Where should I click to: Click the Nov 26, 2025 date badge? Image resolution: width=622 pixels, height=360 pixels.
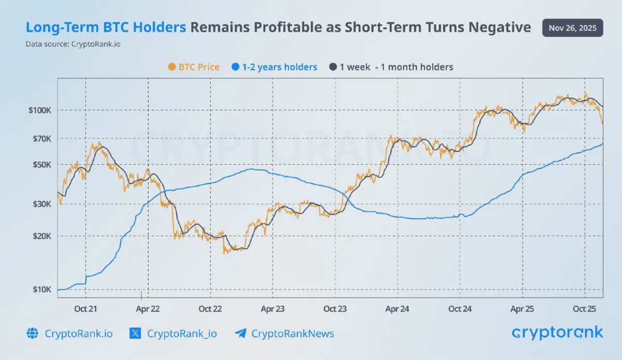point(572,27)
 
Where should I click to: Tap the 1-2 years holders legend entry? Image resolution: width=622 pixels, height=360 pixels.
point(275,67)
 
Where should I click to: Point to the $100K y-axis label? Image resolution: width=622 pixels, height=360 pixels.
point(39,110)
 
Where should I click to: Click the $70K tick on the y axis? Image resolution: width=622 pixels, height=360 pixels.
point(40,139)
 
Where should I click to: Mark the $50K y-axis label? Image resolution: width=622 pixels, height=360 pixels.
point(40,165)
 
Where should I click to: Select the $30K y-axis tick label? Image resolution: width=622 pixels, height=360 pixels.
point(40,204)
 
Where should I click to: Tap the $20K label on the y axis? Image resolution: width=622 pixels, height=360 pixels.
point(40,236)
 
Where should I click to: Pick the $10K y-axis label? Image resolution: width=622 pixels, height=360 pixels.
point(40,290)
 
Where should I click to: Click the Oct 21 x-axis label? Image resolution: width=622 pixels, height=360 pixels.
point(86,309)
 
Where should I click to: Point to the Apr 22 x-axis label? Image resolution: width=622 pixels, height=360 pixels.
point(148,309)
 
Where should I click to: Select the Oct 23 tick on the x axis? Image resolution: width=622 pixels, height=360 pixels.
point(335,309)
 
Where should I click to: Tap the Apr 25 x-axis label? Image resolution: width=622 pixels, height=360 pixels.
point(522,309)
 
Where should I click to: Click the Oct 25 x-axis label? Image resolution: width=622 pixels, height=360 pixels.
point(585,309)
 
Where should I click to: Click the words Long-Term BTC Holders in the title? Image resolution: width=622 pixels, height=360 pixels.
point(106,27)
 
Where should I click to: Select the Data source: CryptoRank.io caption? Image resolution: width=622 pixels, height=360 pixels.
point(73,44)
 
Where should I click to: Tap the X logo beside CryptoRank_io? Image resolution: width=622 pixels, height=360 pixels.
point(135,333)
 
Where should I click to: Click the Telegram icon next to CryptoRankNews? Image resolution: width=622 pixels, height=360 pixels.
point(240,333)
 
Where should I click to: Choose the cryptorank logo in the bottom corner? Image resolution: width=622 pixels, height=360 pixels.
point(557,333)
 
